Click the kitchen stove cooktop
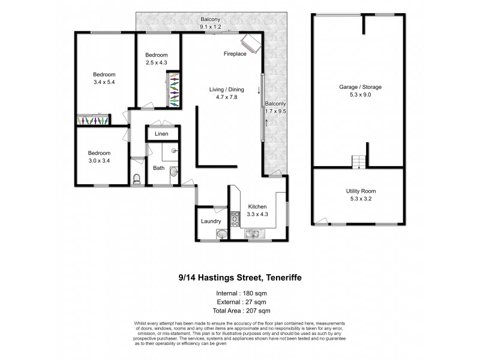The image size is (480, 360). point(236,220)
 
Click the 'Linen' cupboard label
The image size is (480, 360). point(161,134)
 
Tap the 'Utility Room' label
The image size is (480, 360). point(361,191)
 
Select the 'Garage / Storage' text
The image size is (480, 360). point(361,87)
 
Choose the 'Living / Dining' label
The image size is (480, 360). point(226,89)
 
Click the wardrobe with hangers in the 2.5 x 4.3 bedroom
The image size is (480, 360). point(173,90)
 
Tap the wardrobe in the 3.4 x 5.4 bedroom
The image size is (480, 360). point(92,120)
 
